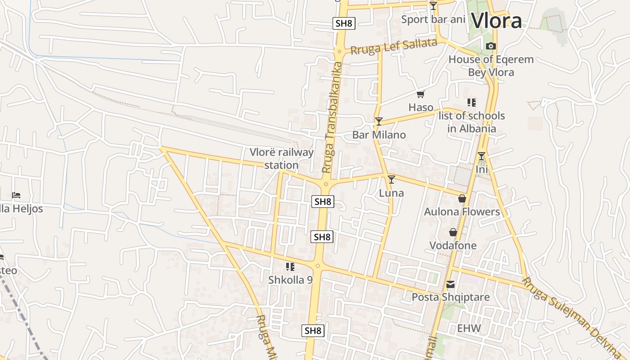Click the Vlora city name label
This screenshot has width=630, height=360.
(x=496, y=21)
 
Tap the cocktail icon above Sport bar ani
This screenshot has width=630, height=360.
(x=433, y=6)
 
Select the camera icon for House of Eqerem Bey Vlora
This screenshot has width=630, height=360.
(x=491, y=46)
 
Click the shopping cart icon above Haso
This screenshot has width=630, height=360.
(x=421, y=94)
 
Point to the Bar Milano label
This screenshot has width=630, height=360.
(x=379, y=135)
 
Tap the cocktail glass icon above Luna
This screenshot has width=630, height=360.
(x=391, y=180)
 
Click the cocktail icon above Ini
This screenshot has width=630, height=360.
(x=481, y=156)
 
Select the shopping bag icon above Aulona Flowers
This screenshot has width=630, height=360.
(x=462, y=198)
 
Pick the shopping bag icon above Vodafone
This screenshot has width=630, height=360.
(x=453, y=232)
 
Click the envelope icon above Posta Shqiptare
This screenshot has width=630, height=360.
(x=450, y=284)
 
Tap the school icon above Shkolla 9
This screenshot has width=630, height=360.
(x=290, y=267)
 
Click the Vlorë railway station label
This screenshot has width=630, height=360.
(x=282, y=158)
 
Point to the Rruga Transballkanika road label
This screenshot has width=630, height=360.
(x=333, y=117)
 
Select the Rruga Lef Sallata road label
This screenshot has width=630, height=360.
(x=394, y=46)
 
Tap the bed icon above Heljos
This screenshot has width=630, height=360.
(x=16, y=195)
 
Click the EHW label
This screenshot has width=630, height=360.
(x=469, y=328)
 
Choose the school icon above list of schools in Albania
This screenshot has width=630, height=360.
(x=471, y=103)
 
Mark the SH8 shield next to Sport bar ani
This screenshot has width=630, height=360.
(x=344, y=23)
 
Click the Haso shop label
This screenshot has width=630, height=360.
(x=421, y=107)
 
